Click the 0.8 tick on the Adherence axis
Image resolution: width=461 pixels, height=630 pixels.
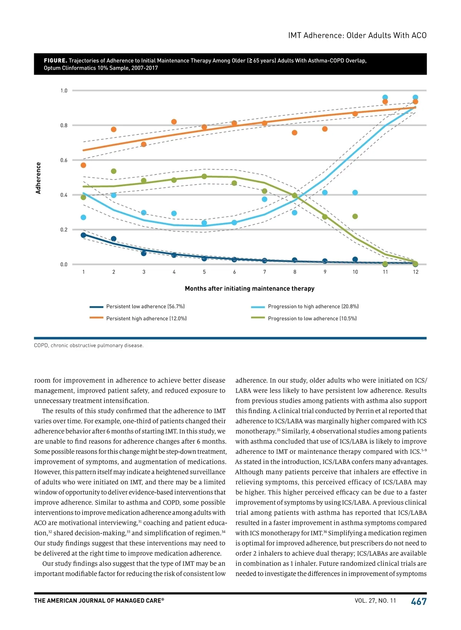pyautogui.click(x=64, y=125)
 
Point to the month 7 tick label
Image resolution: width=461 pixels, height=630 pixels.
pyautogui.click(x=265, y=272)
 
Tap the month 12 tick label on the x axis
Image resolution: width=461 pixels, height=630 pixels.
pyautogui.click(x=416, y=272)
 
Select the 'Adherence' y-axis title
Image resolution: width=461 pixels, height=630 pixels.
pyautogui.click(x=38, y=178)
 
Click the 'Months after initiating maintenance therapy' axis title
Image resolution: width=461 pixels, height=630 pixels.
pyautogui.click(x=250, y=288)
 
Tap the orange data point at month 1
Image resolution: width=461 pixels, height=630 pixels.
pyautogui.click(x=83, y=165)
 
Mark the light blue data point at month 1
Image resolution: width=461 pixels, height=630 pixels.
pyautogui.click(x=83, y=217)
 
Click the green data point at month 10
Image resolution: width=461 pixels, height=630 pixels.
pyautogui.click(x=355, y=217)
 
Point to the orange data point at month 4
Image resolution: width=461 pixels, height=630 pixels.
pyautogui.click(x=174, y=122)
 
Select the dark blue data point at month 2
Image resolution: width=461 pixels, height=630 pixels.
pyautogui.click(x=113, y=239)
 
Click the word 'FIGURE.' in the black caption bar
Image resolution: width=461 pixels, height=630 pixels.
pyautogui.click(x=55, y=61)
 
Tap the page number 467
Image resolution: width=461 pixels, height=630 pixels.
pyautogui.click(x=419, y=602)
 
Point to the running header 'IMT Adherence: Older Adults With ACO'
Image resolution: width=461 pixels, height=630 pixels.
pyautogui.click(x=357, y=35)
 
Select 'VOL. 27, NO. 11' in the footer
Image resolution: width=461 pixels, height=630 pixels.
pyautogui.click(x=375, y=601)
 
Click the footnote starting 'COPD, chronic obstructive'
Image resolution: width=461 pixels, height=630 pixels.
pyautogui.click(x=89, y=345)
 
